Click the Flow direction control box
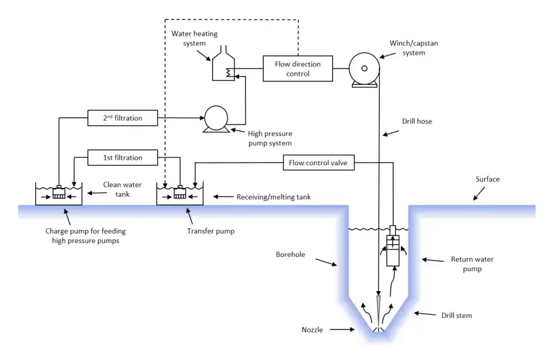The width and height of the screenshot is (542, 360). [x=297, y=68]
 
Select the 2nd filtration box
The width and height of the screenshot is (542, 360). [x=123, y=117]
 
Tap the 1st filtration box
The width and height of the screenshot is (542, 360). [x=123, y=158]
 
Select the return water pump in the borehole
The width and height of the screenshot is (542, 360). [x=392, y=246]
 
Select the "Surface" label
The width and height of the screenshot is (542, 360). [x=487, y=179]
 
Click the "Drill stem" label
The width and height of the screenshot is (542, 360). [x=456, y=316]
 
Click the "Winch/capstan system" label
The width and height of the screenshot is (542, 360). [x=413, y=48]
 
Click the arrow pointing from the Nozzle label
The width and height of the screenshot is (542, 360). [x=343, y=330]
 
